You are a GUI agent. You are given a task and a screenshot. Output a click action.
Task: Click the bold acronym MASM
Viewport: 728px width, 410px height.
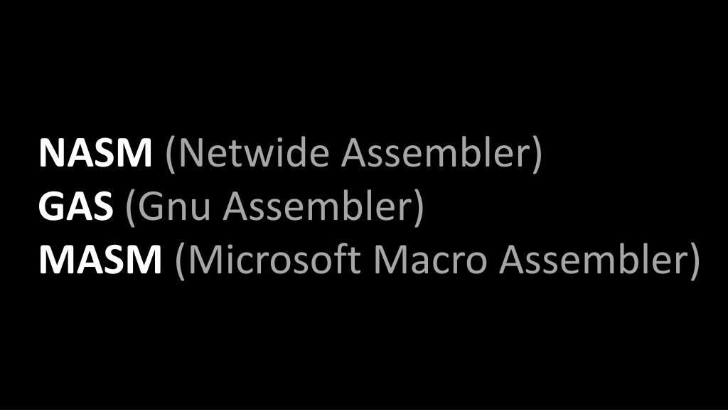[x=100, y=261]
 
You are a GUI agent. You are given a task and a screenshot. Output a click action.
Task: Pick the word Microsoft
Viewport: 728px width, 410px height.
[x=274, y=261]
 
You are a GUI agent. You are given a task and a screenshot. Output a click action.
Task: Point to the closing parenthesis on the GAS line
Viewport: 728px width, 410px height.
[x=419, y=208]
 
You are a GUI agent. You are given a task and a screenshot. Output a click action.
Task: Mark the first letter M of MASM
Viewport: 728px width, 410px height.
[x=55, y=261]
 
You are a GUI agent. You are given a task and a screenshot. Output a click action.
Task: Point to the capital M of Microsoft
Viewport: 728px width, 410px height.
[x=203, y=261]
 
